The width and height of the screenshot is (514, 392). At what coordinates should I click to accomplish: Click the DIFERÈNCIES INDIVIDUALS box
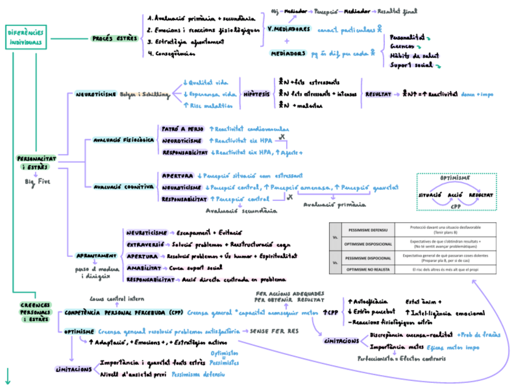[25, 37]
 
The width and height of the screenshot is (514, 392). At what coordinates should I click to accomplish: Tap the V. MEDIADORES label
[289, 29]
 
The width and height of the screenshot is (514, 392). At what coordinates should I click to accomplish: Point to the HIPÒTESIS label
[256, 94]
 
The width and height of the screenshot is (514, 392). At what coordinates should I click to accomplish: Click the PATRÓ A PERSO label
[182, 129]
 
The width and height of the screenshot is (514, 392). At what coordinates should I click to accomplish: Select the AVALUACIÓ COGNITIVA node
[123, 188]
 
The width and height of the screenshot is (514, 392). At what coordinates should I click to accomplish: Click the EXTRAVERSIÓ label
[145, 244]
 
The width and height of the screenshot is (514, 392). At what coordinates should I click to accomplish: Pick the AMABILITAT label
[144, 268]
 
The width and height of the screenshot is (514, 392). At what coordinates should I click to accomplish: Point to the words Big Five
[37, 181]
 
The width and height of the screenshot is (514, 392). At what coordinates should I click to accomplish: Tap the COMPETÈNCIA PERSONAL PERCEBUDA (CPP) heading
[123, 312]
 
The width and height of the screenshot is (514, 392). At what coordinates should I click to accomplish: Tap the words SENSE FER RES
[275, 332]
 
